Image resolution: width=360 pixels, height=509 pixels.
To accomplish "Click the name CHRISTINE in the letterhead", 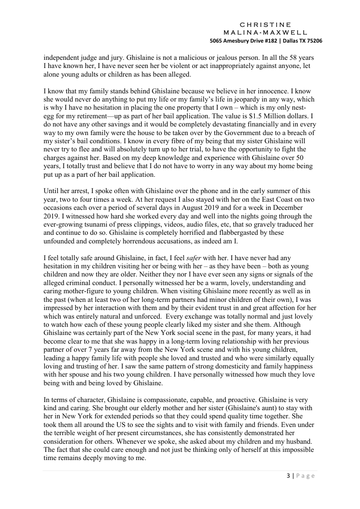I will pyautogui.click(x=265, y=24).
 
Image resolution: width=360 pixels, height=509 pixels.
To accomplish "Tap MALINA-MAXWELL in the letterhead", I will pyautogui.click(x=265, y=32).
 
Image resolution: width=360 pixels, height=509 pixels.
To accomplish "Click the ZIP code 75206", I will pyautogui.click(x=314, y=40).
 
